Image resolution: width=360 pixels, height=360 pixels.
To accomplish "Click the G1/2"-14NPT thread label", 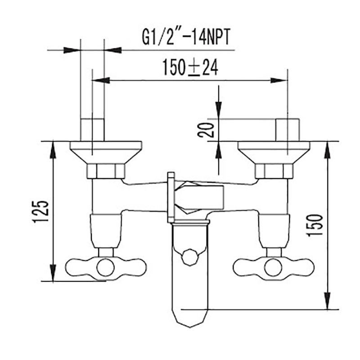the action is coord(186,37).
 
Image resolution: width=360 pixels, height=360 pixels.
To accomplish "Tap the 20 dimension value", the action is coord(206,130).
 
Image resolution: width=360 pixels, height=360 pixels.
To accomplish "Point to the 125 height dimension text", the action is coord(40,211).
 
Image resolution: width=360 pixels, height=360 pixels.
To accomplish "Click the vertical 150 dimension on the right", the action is coord(315,225).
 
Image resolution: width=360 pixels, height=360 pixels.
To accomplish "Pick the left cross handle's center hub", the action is coord(105,267).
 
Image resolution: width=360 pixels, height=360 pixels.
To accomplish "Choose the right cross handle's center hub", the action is coord(273,267).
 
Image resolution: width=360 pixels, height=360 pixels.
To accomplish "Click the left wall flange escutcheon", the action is coord(106,153).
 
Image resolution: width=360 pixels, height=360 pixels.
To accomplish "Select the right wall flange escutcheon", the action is coord(274,153).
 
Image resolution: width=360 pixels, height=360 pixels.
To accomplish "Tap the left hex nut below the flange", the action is coord(106,171).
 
